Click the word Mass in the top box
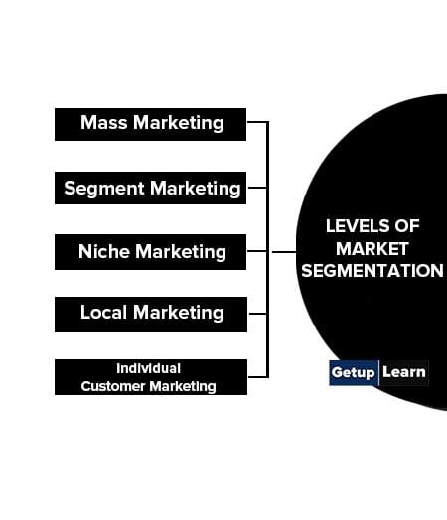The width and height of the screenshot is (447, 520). pos(104,122)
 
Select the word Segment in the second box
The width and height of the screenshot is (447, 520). pos(104,189)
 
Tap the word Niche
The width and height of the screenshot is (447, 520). pos(104,251)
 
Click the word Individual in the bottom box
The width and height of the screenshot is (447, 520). pos(148,368)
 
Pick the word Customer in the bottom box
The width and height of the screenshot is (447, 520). pos(113,386)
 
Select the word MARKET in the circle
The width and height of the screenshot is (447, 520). pos(372,249)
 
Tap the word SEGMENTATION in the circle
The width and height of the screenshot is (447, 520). pos(372,271)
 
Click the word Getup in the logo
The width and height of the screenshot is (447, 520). pos(353,372)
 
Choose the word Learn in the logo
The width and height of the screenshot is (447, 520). pos(404,372)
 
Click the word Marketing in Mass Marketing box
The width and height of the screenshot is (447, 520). pos(179,123)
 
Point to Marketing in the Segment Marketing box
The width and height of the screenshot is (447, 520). pos(195,189)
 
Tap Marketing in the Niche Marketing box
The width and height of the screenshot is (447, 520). pos(181,252)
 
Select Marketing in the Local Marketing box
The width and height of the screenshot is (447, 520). pos(179,313)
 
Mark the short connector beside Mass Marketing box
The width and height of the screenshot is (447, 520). pos(257,122)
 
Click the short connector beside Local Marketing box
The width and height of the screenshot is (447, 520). pos(257,313)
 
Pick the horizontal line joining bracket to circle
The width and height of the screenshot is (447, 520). pos(284,252)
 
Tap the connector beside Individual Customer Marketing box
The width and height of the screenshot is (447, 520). pos(258,377)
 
